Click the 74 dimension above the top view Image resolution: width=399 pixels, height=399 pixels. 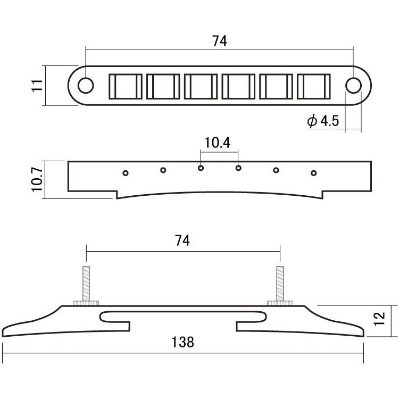tap(219, 41)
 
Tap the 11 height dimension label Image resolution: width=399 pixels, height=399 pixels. tap(37, 86)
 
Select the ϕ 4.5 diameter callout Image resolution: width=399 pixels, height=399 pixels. tap(323, 121)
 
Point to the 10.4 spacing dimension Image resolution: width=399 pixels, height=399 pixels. tap(217, 143)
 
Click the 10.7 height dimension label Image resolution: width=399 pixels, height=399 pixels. tap(37, 179)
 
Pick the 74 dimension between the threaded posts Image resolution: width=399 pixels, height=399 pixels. tap(182, 240)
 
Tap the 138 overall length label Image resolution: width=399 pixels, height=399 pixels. tap(182, 342)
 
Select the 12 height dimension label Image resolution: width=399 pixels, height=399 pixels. tap(379, 318)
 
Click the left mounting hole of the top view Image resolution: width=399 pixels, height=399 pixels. tap(86, 86)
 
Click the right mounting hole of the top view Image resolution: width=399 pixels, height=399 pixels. tap(353, 86)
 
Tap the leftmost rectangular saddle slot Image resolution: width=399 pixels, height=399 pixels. tap(126, 87)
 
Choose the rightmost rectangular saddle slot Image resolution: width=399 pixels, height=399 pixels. tap(314, 87)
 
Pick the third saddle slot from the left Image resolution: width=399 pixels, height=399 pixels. tap(201, 87)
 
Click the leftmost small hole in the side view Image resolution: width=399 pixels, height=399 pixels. tap(126, 173)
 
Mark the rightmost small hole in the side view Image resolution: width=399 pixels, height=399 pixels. tap(314, 173)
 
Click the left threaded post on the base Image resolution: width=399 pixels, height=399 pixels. tap(86, 283)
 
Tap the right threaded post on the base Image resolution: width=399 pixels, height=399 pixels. tap(280, 283)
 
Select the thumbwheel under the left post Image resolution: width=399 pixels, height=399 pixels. tap(86, 303)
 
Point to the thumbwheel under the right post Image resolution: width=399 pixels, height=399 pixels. tap(280, 303)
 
